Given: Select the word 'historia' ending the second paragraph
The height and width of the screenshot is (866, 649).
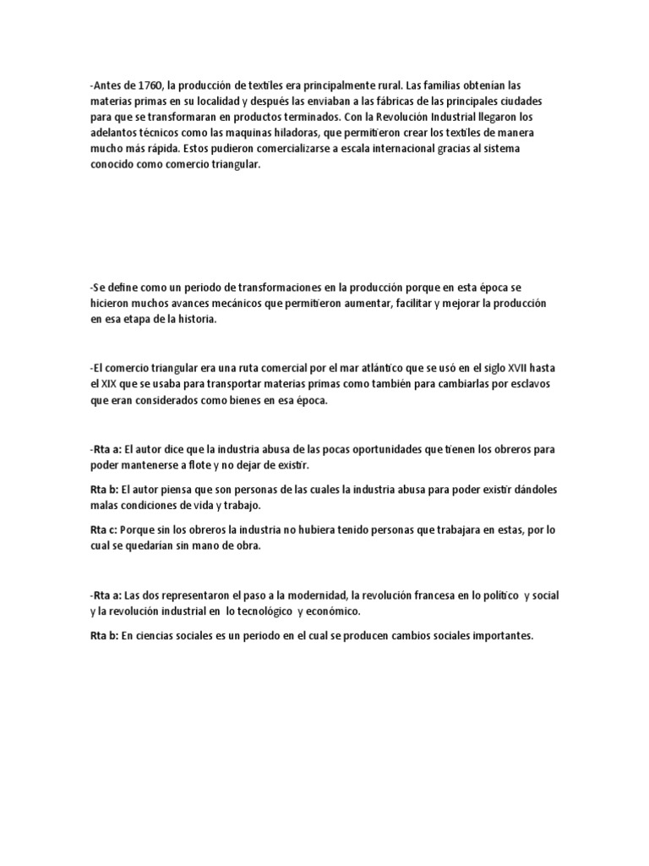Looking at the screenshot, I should [x=199, y=320].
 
